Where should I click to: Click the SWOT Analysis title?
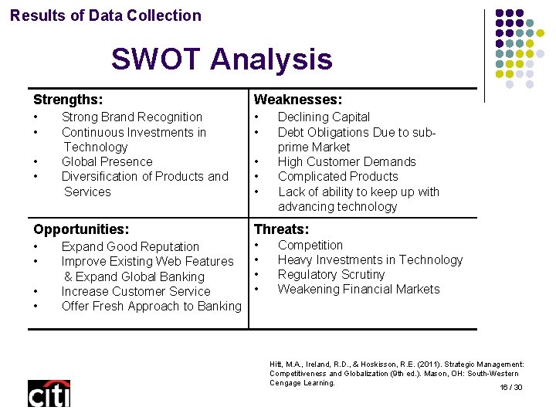coord(221,59)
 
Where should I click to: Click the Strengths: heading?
coord(68,100)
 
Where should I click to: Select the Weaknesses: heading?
coord(298,100)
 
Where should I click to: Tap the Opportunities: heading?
coord(81,229)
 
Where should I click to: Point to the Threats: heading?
coord(281,229)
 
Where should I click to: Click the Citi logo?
coord(49,394)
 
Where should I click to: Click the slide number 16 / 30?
coord(511,387)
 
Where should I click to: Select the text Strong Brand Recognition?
coord(131,117)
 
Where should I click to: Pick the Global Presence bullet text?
coord(107,161)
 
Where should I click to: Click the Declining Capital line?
coord(324,117)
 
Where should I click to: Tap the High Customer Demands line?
coord(347,161)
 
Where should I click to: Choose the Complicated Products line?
coord(337,176)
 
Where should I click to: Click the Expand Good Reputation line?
coord(130,246)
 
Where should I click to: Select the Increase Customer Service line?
coord(135,291)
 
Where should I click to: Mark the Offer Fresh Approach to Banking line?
coord(151,306)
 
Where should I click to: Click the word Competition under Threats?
coord(310,245)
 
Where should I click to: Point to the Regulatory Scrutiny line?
coord(331,274)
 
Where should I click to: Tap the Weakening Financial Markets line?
coord(358,289)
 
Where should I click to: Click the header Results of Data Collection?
coord(106,15)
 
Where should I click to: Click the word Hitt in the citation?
coord(276,364)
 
